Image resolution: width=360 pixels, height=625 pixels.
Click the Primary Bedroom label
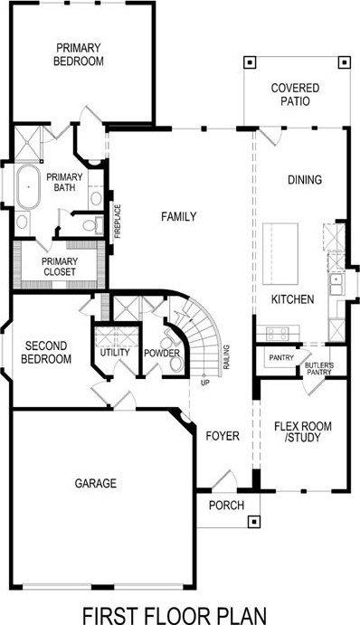(79, 54)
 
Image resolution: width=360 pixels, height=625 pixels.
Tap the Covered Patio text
(294, 95)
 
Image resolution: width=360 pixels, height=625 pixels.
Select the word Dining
(304, 180)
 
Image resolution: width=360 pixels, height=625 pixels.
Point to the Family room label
(178, 216)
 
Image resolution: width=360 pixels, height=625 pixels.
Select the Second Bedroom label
(47, 353)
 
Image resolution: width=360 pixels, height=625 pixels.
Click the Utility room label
(115, 352)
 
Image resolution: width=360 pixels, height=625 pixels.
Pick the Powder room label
(162, 352)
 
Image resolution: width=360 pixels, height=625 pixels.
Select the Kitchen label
(293, 299)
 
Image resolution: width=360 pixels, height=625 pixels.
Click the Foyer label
(222, 436)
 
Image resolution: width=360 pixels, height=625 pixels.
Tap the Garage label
(95, 484)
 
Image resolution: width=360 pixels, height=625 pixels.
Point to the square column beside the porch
(254, 521)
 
